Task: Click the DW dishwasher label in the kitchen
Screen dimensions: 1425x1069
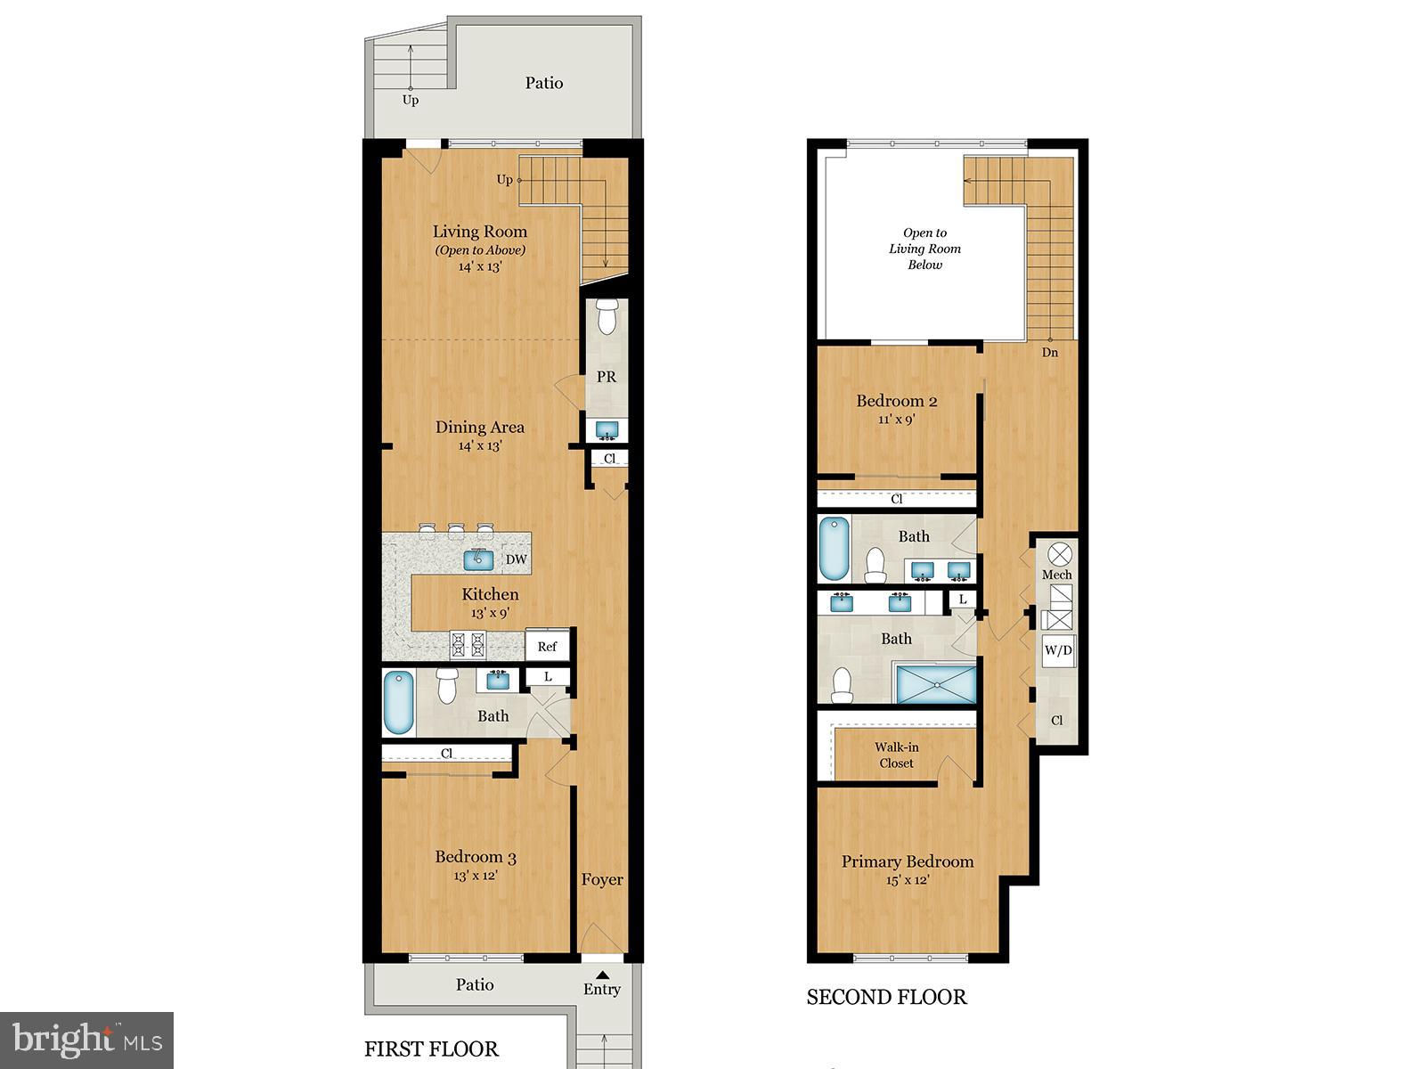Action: pyautogui.click(x=516, y=559)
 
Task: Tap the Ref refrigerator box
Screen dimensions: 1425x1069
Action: pyautogui.click(x=547, y=646)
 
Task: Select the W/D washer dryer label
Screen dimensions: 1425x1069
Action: pyautogui.click(x=1057, y=649)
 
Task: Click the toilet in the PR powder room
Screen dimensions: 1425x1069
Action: pyautogui.click(x=607, y=316)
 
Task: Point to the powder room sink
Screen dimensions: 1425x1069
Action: pyautogui.click(x=607, y=429)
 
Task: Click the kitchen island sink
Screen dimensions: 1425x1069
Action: pyautogui.click(x=478, y=559)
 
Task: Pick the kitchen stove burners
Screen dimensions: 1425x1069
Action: pyautogui.click(x=468, y=644)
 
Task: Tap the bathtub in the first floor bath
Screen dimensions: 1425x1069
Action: pyautogui.click(x=398, y=703)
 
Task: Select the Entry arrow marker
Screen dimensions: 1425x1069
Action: pyautogui.click(x=602, y=975)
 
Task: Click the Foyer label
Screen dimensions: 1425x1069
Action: pyautogui.click(x=602, y=879)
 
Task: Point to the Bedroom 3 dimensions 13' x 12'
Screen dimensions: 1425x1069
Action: pyautogui.click(x=476, y=876)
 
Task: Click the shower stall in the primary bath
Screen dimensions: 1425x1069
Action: pyautogui.click(x=936, y=683)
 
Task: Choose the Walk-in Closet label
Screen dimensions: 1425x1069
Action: pyautogui.click(x=897, y=755)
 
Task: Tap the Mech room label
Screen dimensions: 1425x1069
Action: pyautogui.click(x=1057, y=575)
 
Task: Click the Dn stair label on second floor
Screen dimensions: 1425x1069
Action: pyautogui.click(x=1050, y=353)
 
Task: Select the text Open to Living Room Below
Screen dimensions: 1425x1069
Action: pyautogui.click(x=924, y=249)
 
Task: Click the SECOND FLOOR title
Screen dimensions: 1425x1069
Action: pyautogui.click(x=887, y=997)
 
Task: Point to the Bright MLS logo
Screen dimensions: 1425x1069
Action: pyautogui.click(x=87, y=1040)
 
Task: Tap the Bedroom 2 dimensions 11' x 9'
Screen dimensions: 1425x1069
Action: pyautogui.click(x=897, y=420)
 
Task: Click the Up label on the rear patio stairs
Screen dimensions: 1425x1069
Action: pyautogui.click(x=411, y=100)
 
